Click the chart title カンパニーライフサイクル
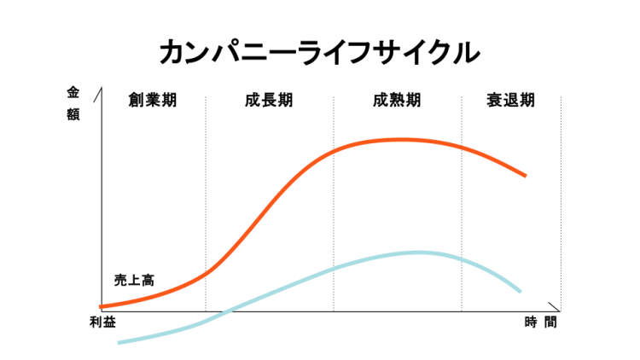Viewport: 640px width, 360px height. [320, 52]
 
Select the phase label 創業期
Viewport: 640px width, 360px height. [153, 100]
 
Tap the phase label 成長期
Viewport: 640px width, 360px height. [269, 100]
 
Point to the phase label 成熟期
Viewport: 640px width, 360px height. [397, 100]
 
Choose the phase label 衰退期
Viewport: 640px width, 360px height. [511, 100]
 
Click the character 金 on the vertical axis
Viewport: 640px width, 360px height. [73, 92]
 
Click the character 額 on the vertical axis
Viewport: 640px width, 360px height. [73, 114]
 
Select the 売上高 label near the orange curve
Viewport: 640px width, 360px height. [133, 280]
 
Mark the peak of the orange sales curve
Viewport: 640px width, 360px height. [399, 139]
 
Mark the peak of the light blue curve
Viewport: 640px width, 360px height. [418, 253]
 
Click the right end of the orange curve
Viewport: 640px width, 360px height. [525, 175]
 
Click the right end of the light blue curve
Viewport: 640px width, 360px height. [520, 291]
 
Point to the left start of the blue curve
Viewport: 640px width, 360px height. [119, 342]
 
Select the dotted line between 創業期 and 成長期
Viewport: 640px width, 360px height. [206, 205]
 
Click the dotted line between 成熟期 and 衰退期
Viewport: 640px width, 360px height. [462, 205]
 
